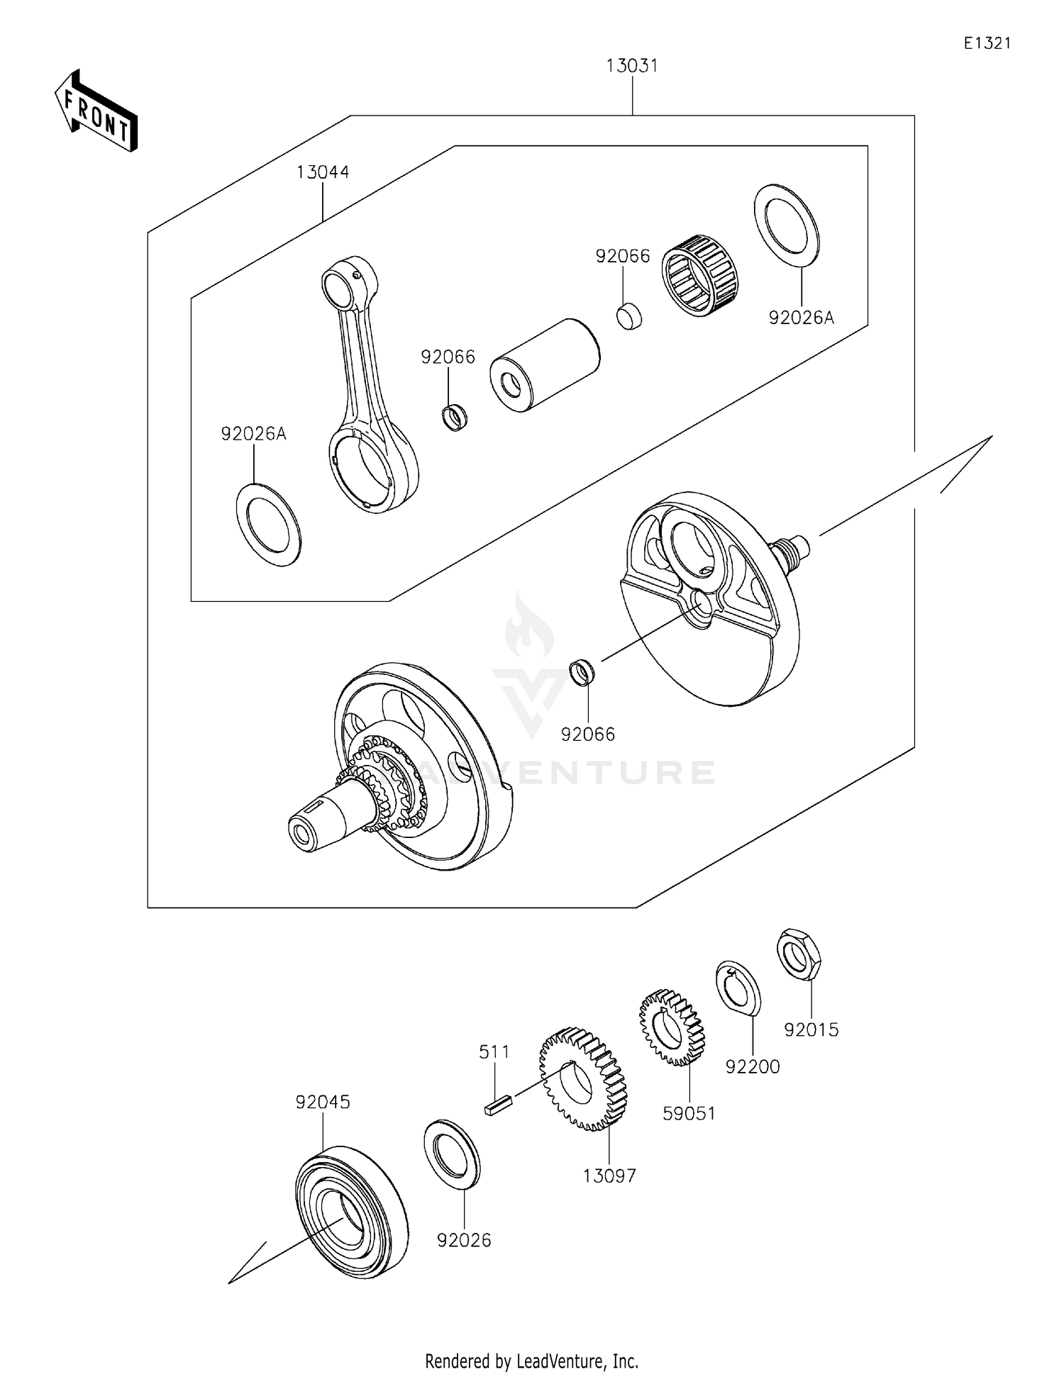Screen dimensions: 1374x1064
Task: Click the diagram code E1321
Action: (x=987, y=43)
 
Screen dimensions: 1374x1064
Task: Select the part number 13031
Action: (x=631, y=66)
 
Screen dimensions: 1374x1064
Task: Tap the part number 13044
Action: (x=323, y=172)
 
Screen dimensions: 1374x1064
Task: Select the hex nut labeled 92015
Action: (x=799, y=953)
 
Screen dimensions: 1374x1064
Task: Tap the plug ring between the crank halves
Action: (x=582, y=672)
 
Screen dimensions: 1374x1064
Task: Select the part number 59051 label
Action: (x=689, y=1113)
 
